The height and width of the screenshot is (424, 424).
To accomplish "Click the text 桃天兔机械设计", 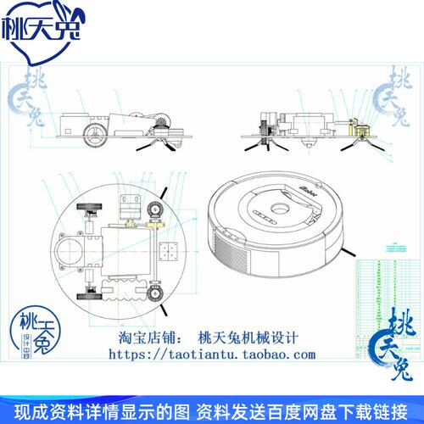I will click(x=247, y=337).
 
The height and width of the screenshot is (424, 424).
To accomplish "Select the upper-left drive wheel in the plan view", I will click(x=89, y=212).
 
